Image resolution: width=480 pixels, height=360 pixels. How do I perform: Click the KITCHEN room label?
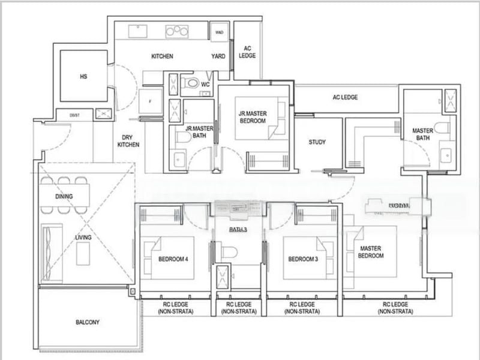162,56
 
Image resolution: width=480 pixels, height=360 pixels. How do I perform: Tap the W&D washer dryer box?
220,32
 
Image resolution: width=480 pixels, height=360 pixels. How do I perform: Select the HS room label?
83,77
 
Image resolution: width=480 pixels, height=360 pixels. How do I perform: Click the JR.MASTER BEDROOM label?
253,116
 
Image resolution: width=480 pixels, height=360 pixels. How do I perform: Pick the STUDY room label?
317,142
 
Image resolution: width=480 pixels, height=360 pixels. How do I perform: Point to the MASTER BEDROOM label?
371,252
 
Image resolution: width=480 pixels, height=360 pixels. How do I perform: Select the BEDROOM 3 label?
303,259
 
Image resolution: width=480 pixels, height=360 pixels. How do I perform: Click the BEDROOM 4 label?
173,259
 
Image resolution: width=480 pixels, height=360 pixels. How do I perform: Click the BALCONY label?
88,322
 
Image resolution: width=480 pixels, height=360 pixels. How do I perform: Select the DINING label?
64,196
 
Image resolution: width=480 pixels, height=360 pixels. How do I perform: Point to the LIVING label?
83,238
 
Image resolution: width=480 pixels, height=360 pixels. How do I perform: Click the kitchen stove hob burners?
178,31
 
